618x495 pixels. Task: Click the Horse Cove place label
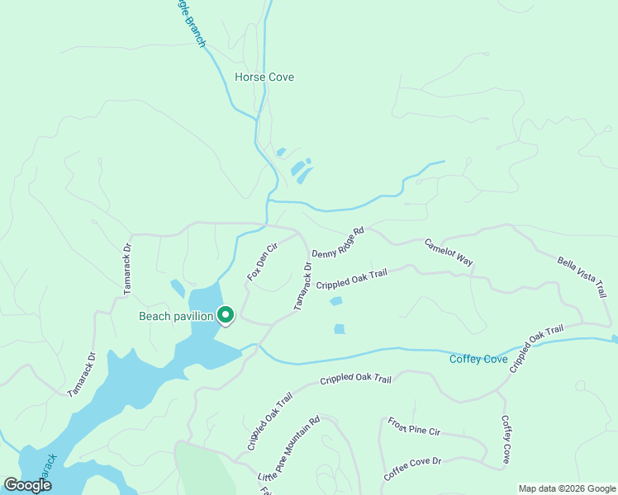click(x=264, y=77)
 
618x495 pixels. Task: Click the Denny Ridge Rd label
click(x=337, y=242)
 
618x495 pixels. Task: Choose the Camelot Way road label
click(x=449, y=252)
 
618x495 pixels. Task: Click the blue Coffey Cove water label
click(x=478, y=359)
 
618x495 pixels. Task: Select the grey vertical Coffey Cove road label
click(x=506, y=439)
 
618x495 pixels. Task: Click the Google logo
click(x=27, y=485)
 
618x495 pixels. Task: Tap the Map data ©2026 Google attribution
click(x=567, y=488)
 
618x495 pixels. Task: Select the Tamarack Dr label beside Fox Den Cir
click(x=303, y=286)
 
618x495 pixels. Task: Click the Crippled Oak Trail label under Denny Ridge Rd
click(x=351, y=279)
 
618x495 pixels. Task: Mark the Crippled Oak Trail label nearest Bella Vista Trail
click(x=535, y=348)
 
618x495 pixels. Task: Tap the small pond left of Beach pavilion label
click(x=178, y=289)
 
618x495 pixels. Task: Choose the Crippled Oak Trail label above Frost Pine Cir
click(x=355, y=379)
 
